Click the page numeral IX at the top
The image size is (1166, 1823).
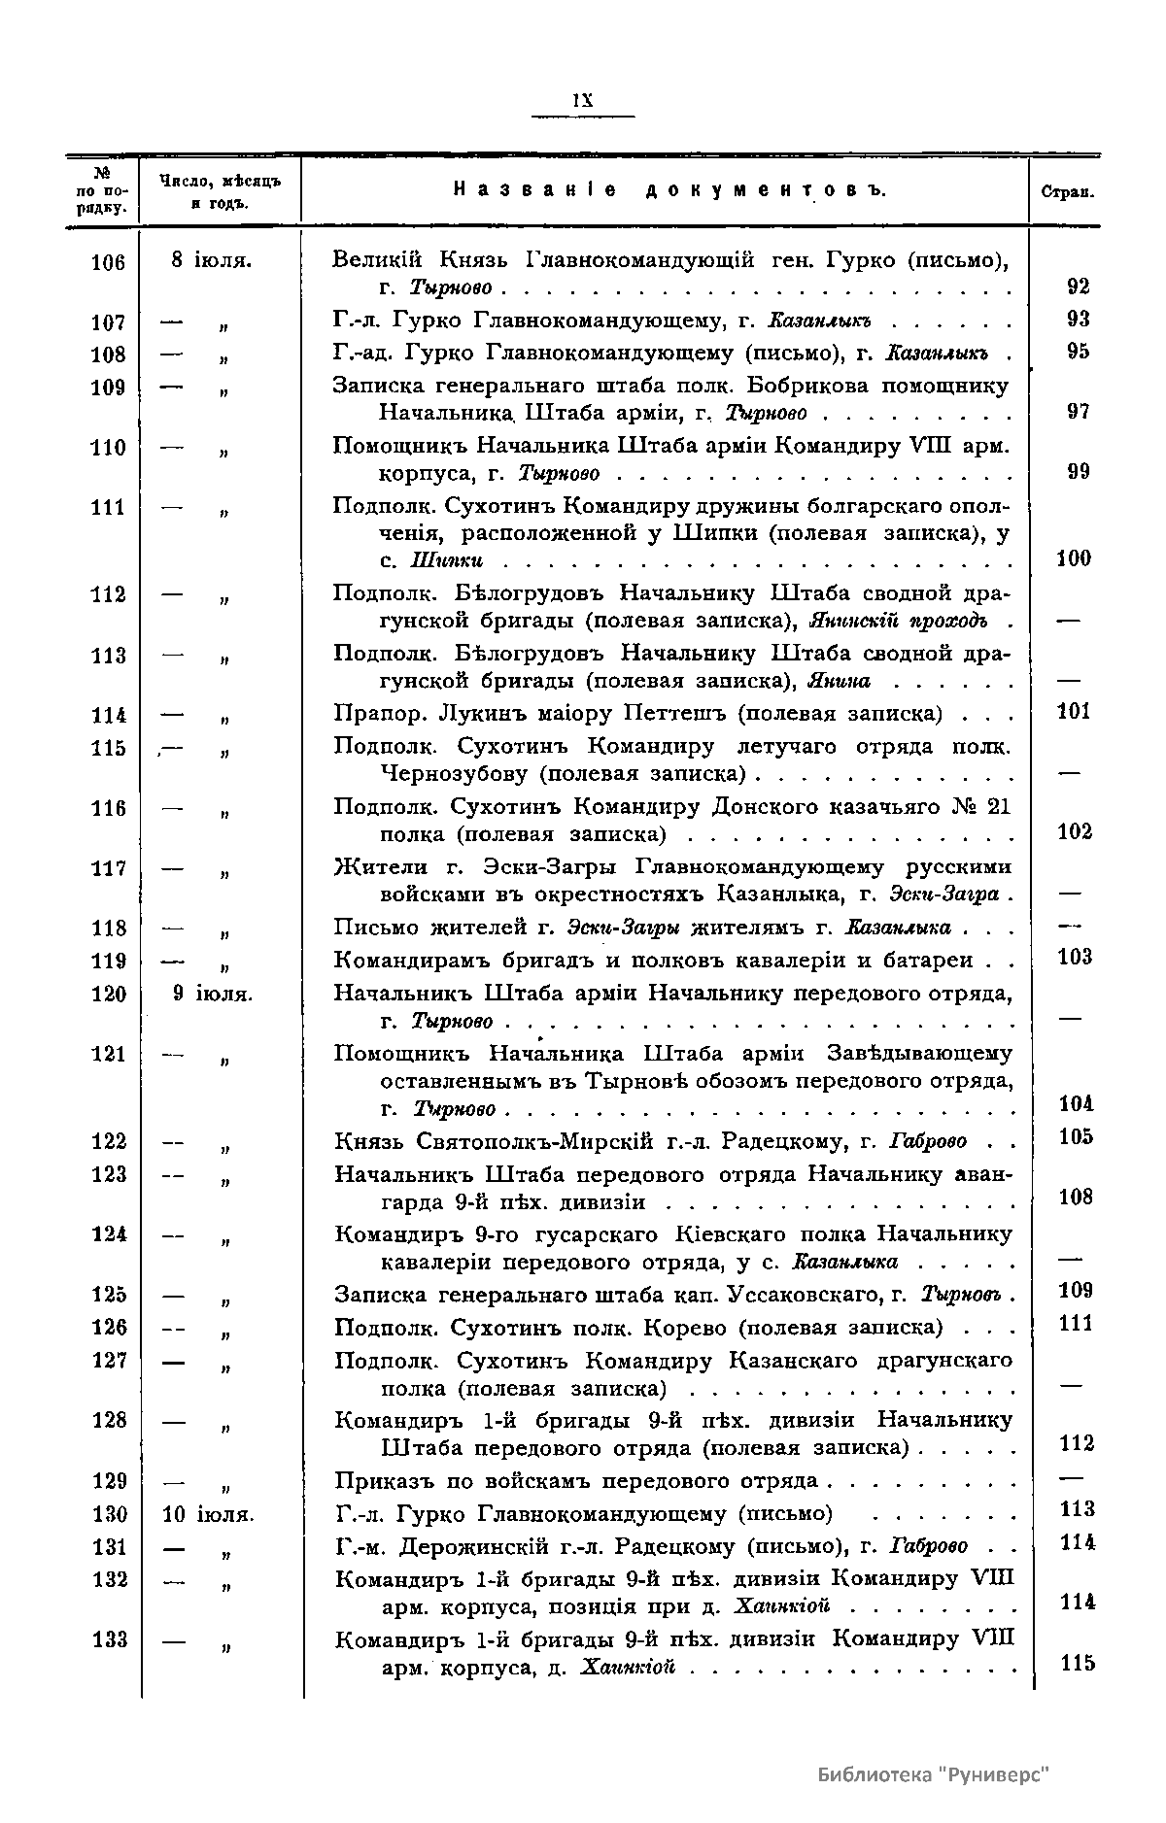pos(582,100)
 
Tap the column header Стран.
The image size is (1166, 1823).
pos(1067,192)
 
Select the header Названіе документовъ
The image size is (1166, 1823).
pos(669,190)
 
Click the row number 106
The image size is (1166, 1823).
pos(108,262)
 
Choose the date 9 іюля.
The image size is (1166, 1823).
pos(213,994)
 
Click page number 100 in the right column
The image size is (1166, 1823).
pos(1073,558)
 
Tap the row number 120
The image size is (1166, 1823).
pos(108,995)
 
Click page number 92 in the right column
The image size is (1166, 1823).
pos(1078,287)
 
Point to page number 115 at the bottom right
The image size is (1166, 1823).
pos(1078,1664)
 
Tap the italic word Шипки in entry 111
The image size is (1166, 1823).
pos(446,560)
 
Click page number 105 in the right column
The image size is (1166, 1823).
pos(1076,1136)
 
